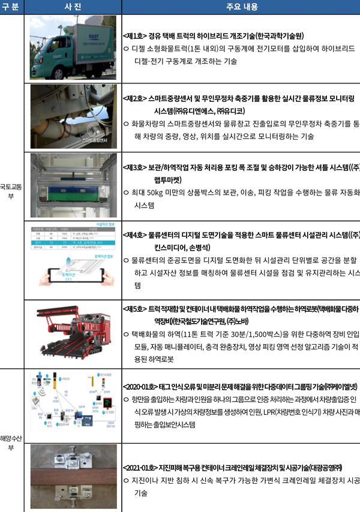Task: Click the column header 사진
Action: pos(73,7)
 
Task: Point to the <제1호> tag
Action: pos(135,35)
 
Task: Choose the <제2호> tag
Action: pos(135,97)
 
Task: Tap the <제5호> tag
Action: pos(135,309)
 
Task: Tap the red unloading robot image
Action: pos(73,332)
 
